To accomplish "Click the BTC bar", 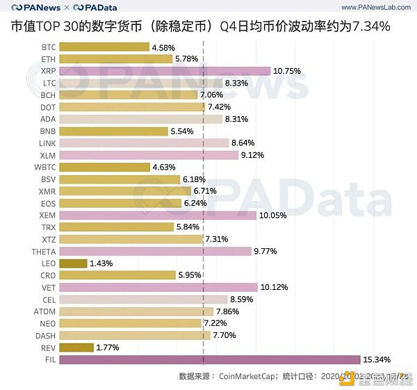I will tap(104, 47).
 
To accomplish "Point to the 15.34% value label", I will tap(377, 359).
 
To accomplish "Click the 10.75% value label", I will tap(287, 71).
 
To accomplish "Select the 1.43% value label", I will tap(101, 263).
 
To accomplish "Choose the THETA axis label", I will tap(44, 251).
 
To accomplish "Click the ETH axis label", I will tap(49, 59).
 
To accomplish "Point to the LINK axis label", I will tap(47, 143).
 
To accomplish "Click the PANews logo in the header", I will tap(35, 8).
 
